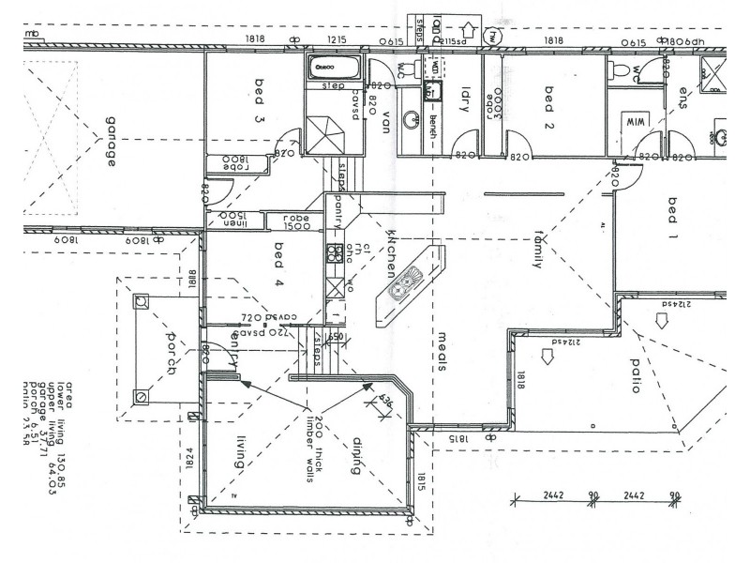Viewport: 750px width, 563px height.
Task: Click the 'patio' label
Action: pos(635,374)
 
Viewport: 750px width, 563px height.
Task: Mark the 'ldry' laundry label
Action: pos(464,99)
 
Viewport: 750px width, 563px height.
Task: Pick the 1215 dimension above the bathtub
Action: pos(336,39)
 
